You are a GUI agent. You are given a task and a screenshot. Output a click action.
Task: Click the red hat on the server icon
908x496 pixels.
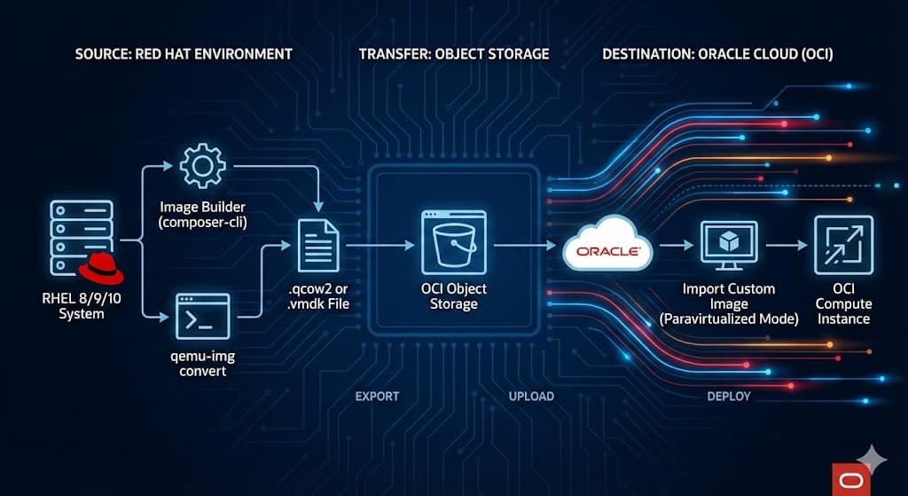point(100,269)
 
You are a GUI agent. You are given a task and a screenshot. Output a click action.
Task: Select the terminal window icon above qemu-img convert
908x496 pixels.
point(202,316)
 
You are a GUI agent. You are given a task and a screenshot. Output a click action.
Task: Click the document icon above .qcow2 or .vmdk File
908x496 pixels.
point(318,244)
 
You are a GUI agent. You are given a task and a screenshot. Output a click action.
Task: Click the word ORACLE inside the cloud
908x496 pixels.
point(608,251)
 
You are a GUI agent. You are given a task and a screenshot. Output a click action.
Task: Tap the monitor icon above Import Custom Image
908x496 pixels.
point(728,245)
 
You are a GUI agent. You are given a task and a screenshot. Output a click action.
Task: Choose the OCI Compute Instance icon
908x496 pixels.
point(843,245)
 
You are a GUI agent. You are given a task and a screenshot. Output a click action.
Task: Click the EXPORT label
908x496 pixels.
point(377,396)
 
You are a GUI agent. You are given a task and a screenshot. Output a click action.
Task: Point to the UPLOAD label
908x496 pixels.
point(532,396)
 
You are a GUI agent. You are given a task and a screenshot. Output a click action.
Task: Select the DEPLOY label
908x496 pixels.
point(729,396)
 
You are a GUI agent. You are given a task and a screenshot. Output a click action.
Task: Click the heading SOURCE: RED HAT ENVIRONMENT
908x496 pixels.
point(184,54)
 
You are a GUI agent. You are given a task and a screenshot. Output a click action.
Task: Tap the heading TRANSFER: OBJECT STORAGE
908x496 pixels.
point(454,54)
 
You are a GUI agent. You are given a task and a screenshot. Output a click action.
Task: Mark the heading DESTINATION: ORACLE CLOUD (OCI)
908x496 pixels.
point(717,54)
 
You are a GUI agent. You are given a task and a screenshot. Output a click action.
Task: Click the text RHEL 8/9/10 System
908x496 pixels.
point(82,306)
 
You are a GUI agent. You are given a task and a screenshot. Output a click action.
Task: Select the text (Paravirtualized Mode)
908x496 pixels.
point(729,319)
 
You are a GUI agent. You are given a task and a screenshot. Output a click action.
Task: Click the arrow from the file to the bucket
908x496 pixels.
point(376,245)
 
